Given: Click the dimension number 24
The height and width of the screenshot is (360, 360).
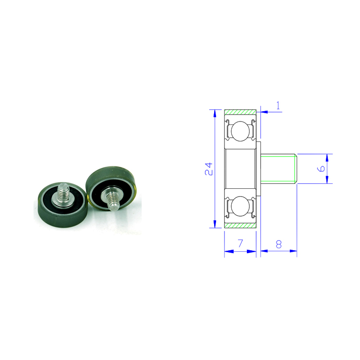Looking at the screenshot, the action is pyautogui.click(x=209, y=169).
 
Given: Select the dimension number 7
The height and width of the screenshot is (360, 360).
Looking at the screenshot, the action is pyautogui.click(x=240, y=243).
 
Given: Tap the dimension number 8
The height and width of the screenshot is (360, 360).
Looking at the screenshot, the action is pyautogui.click(x=279, y=244).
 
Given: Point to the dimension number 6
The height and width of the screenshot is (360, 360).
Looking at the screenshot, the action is pyautogui.click(x=321, y=168).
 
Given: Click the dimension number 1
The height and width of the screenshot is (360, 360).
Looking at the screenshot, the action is pyautogui.click(x=278, y=105).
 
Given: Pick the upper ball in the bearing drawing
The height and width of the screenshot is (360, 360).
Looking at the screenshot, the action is pyautogui.click(x=240, y=131).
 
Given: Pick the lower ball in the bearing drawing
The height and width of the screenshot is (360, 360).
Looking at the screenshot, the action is pyautogui.click(x=240, y=206).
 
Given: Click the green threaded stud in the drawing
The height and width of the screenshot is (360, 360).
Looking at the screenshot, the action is pyautogui.click(x=279, y=169).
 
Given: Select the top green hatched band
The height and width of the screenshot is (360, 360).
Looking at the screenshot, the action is pyautogui.click(x=240, y=112).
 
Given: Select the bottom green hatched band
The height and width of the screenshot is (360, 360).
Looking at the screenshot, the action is pyautogui.click(x=240, y=225).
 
